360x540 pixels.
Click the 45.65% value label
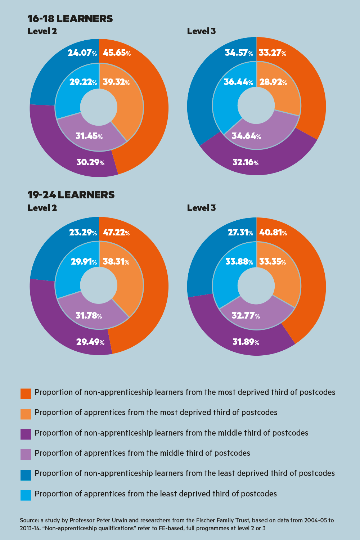coord(117,53)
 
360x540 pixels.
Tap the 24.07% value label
coord(82,53)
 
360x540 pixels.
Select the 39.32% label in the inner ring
coord(116,82)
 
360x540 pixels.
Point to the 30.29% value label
coord(90,162)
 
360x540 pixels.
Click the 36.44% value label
coord(238,82)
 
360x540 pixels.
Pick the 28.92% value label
coord(273,82)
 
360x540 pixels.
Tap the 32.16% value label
coord(246,162)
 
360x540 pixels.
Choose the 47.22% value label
coord(116,233)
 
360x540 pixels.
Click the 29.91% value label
coord(84,262)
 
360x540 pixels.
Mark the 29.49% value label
coord(90,342)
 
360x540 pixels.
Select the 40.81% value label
coord(273,233)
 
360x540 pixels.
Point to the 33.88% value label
coord(239,262)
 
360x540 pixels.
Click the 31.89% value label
coord(246,342)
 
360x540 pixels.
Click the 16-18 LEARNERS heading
coord(70,19)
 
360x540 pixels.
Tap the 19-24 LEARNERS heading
coord(71,195)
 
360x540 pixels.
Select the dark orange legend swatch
coord(26,393)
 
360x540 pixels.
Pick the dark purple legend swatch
coord(26,434)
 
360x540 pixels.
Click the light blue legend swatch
coord(26,495)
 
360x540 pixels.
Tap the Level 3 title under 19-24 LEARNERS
coord(201,208)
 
